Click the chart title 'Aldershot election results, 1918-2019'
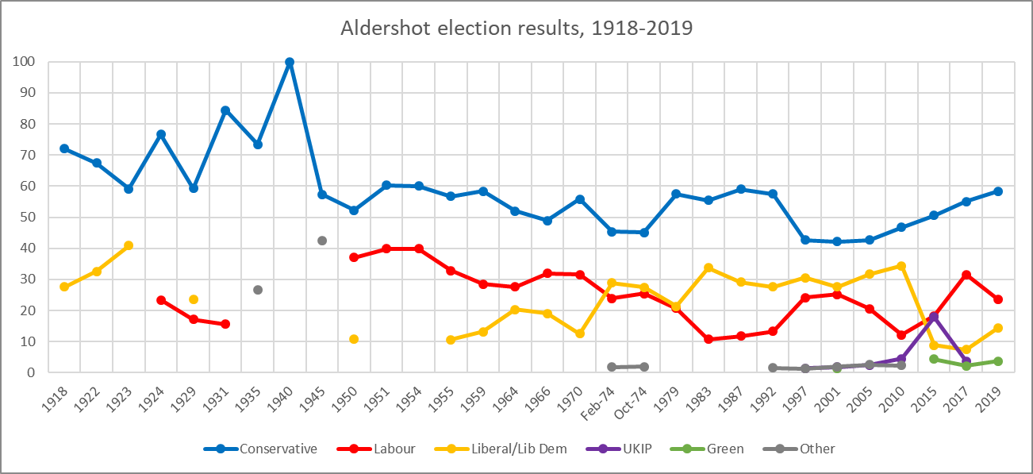click(516, 29)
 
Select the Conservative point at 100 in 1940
click(290, 62)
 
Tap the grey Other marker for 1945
click(322, 241)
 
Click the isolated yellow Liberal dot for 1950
click(354, 339)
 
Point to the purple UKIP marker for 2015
click(934, 317)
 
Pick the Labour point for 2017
click(966, 275)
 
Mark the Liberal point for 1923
click(129, 245)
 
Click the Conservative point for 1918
click(64, 148)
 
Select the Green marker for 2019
click(998, 361)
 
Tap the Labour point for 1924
click(161, 300)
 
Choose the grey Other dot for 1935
click(258, 290)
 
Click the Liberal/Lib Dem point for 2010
click(901, 266)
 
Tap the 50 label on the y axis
click(29, 218)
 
